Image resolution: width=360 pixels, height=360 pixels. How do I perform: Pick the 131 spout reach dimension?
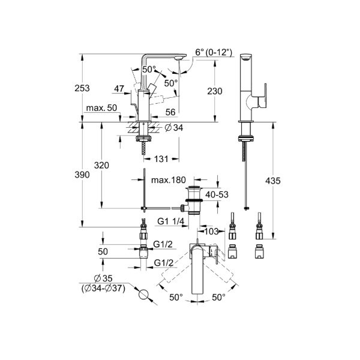[x=160, y=160]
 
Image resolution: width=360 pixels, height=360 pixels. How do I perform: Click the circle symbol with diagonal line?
[x=143, y=295]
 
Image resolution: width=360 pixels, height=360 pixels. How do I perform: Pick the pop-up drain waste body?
[x=193, y=200]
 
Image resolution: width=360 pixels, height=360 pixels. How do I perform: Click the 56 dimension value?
[x=170, y=112]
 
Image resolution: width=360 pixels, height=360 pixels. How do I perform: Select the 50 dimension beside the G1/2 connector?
[x=103, y=252]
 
